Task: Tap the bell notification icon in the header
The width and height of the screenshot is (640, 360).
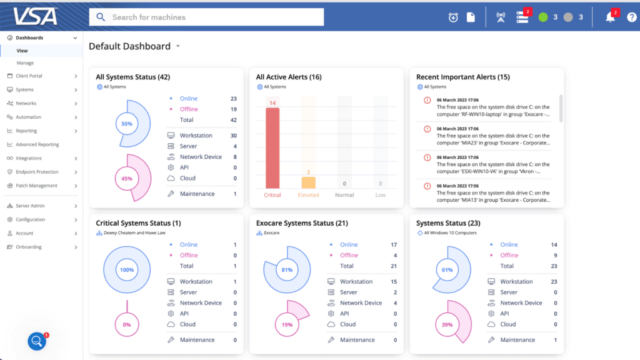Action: point(610,17)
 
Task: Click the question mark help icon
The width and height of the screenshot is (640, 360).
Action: point(631,17)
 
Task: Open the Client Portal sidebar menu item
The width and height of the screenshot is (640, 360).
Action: point(29,76)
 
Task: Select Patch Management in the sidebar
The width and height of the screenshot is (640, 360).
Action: point(36,186)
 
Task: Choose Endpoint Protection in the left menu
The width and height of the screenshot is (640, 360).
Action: point(37,172)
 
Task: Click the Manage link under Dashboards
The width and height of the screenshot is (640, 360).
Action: point(25,63)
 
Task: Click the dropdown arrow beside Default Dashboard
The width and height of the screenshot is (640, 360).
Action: point(178,47)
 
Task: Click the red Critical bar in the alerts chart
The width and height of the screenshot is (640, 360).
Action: point(272,148)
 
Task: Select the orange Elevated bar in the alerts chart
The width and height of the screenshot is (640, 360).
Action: point(308,182)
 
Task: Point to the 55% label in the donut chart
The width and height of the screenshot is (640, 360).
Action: point(127,124)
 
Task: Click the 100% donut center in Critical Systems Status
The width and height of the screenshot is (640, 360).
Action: point(127,270)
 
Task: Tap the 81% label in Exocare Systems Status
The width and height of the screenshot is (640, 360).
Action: point(287,270)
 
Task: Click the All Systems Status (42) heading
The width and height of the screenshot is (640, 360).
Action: point(132,77)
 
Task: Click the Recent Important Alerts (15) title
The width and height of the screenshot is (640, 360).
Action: point(463,77)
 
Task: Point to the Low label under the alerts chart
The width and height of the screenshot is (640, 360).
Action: point(380,195)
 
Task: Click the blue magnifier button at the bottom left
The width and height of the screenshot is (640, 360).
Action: point(37,341)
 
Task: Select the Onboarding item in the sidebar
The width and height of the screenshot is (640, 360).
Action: point(29,247)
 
